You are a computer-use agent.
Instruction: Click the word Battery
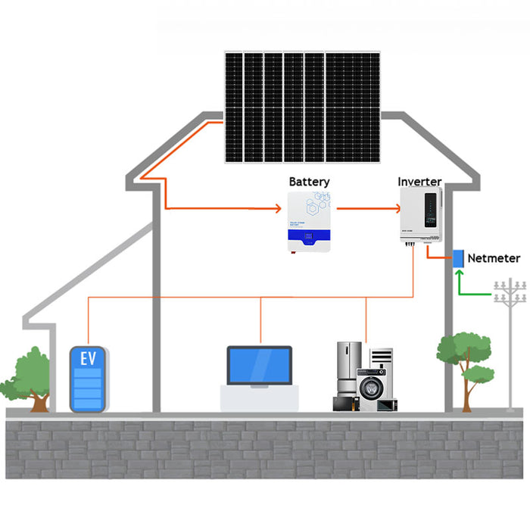[x=309, y=182]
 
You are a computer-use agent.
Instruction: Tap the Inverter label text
[x=419, y=182]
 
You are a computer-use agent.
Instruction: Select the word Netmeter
[x=494, y=258]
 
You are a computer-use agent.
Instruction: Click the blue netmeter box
[x=458, y=258]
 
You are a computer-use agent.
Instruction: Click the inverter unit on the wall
[x=420, y=215]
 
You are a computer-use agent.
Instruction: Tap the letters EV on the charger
[x=89, y=358]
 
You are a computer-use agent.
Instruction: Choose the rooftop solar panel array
[x=301, y=107]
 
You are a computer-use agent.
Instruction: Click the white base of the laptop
[x=259, y=397]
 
